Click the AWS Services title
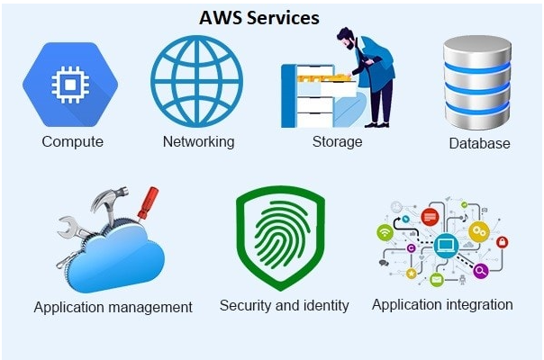[x=259, y=18]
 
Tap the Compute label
[x=73, y=141]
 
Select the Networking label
[x=199, y=142]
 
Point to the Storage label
[x=337, y=141]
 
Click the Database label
[x=479, y=143]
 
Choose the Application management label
[x=113, y=307]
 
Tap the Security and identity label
[x=284, y=305]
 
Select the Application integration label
[x=442, y=305]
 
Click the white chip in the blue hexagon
[x=70, y=85]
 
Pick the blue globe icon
[x=196, y=82]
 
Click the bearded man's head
[x=347, y=38]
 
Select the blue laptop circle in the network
[x=446, y=246]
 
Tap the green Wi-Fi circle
[x=385, y=231]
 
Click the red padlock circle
[x=502, y=242]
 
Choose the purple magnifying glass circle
[x=481, y=270]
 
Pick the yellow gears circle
[x=479, y=231]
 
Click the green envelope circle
[x=437, y=279]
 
